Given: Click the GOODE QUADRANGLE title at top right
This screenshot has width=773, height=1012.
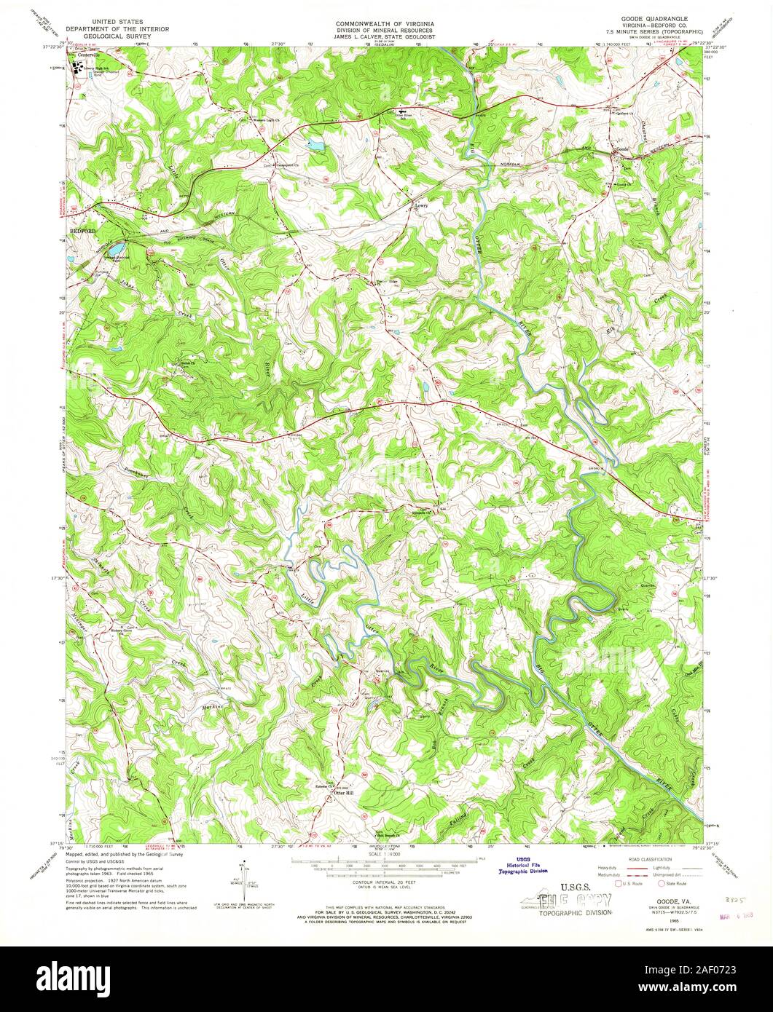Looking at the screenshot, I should (x=646, y=23).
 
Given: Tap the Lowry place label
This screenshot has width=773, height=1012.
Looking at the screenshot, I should (x=420, y=205).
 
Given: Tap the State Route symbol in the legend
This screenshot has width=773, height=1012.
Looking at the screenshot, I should (x=662, y=882).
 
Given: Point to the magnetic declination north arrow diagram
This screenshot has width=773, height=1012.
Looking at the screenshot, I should (x=245, y=881).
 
